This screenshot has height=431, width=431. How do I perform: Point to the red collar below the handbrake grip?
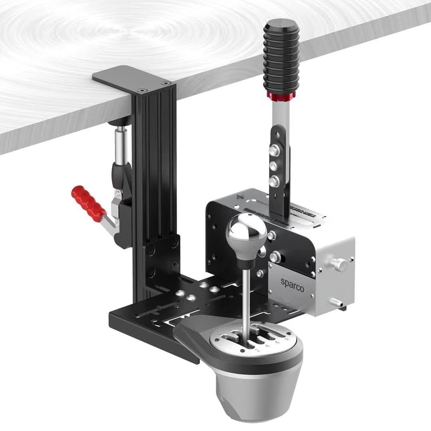coord(281,96)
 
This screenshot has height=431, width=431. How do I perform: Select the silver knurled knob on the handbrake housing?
coord(340,264)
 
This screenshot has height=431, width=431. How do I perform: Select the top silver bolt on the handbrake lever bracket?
coord(274,150)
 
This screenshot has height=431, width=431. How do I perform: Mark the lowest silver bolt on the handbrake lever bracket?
coord(274,181)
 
